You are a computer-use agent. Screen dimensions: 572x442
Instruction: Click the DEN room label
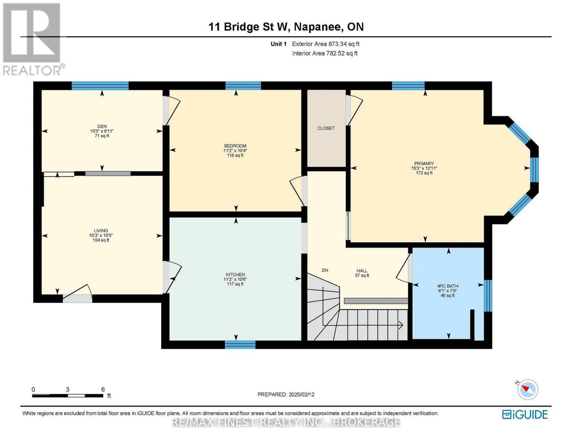coord(102,126)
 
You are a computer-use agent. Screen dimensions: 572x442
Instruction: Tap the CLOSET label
coord(326,128)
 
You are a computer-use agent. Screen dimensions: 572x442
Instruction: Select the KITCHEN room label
coord(235,274)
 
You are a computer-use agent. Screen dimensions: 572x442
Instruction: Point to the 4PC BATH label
coord(448,286)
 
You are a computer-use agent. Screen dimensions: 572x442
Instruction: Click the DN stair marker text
coord(325,270)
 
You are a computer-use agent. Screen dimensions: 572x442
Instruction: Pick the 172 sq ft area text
coord(424,173)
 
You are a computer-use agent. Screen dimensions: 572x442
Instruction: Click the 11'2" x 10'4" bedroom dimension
coord(235,151)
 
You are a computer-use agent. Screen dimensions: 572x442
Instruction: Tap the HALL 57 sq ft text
coord(362,273)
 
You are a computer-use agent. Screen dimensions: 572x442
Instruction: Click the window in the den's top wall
coord(100,85)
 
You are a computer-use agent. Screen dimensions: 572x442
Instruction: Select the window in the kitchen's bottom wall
coord(240,344)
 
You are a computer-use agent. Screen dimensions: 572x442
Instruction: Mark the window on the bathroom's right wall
coord(488,296)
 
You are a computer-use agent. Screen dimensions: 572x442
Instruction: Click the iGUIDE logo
coord(525,415)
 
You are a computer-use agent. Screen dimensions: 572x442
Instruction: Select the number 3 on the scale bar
coord(68,389)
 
